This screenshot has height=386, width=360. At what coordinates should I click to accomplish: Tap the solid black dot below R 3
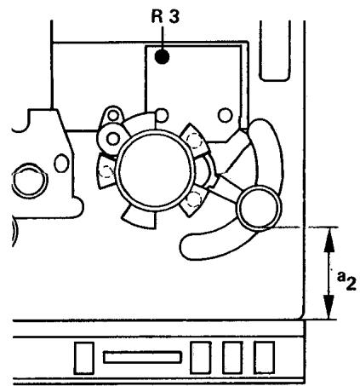coord(161,58)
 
